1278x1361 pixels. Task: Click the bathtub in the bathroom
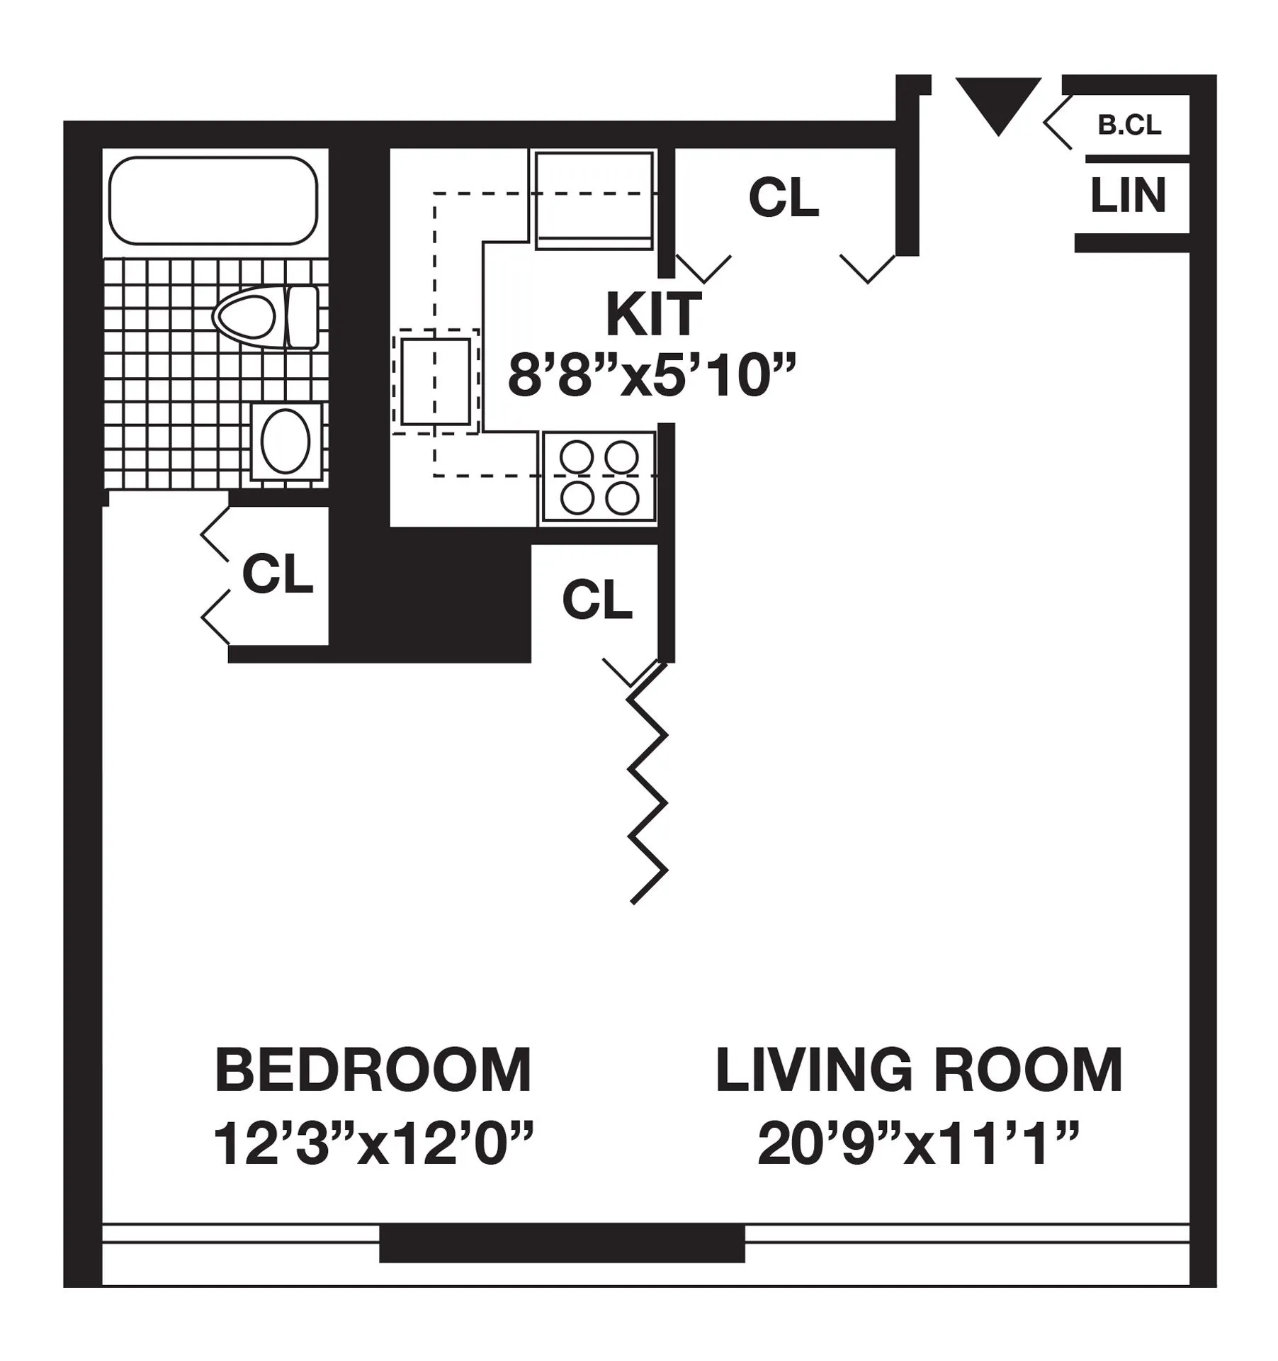point(213,201)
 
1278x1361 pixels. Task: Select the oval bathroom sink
point(285,442)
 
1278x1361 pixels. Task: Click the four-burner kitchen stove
point(599,478)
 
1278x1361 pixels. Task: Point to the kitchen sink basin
point(436,381)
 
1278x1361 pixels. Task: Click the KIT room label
point(653,315)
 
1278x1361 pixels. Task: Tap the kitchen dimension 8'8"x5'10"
point(652,376)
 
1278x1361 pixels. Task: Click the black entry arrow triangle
point(998,103)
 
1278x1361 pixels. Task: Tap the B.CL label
point(1129,125)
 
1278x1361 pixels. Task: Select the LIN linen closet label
point(1128,196)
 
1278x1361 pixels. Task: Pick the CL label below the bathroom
point(278,574)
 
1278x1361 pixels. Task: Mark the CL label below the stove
point(597,600)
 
